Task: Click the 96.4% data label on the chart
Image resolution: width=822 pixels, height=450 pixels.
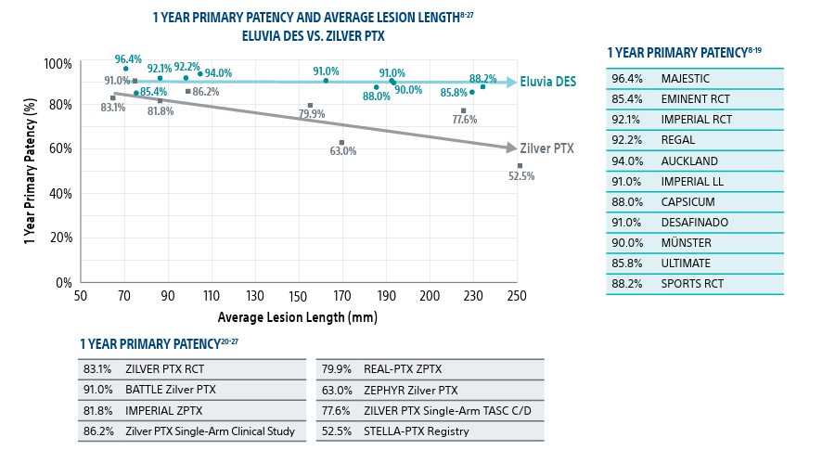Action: (x=128, y=59)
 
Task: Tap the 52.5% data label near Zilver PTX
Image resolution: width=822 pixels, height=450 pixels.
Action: (x=520, y=176)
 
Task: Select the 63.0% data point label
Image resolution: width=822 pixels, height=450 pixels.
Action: (x=342, y=151)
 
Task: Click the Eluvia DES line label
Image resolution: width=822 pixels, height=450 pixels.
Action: (x=547, y=82)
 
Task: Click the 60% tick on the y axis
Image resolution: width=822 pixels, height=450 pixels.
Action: (x=59, y=148)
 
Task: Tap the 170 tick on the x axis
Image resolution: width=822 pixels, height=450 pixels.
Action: (x=342, y=295)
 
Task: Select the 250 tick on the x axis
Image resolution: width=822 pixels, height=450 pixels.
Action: (x=517, y=295)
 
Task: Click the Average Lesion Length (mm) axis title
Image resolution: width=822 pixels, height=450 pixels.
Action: (x=298, y=317)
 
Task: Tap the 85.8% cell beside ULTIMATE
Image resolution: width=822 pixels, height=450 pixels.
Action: (x=626, y=264)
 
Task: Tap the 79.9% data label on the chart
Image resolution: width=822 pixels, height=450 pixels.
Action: (x=312, y=114)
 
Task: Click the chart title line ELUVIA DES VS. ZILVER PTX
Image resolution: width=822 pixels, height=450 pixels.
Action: (x=313, y=36)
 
